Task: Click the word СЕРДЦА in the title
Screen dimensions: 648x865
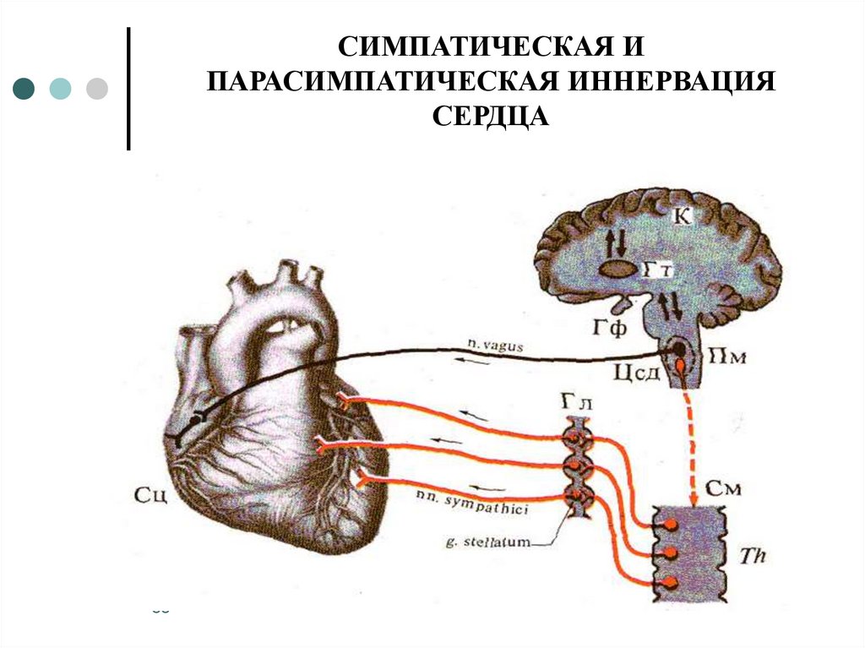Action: [491, 117]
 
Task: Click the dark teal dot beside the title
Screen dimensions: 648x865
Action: [24, 88]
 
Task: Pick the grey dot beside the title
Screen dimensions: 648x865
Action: [97, 88]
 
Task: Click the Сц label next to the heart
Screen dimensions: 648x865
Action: [151, 493]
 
